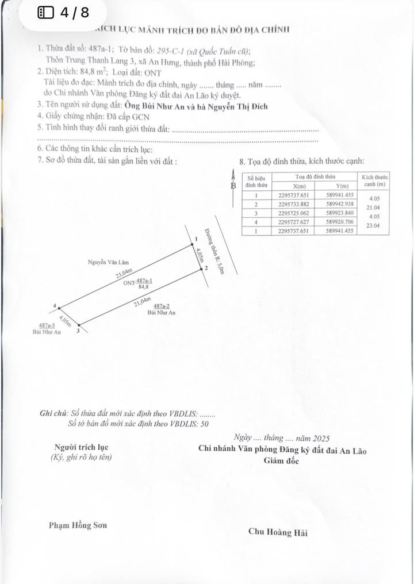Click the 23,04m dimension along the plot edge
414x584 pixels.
pos(124,275)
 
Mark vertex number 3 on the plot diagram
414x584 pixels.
pos(78,331)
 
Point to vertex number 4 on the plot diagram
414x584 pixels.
pos(54,306)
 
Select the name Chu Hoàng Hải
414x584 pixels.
pos(278,532)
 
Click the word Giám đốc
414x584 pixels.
pos(281,461)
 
